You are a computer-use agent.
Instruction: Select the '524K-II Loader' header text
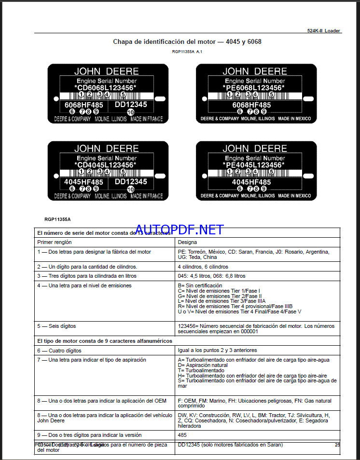[324, 30]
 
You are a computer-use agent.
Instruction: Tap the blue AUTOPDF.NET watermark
[179, 230]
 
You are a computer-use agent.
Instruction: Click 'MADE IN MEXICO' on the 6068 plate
[294, 119]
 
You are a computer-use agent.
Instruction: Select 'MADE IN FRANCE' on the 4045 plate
[146, 196]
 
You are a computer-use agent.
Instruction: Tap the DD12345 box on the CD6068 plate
[131, 104]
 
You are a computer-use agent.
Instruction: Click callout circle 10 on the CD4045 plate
[130, 189]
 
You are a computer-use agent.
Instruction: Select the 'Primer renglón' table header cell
[52, 242]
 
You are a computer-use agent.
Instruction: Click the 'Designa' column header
[188, 242]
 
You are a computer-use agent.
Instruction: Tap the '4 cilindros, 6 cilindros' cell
[203, 267]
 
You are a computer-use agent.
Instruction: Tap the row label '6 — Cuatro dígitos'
[59, 351]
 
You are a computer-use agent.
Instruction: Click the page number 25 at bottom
[337, 445]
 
